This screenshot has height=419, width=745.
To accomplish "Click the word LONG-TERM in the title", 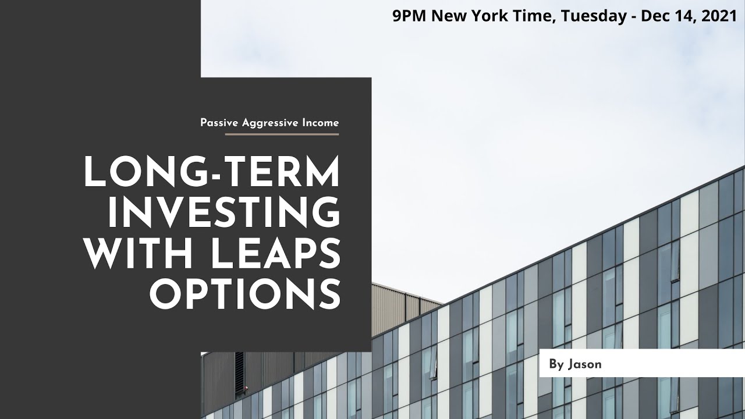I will point(212,173).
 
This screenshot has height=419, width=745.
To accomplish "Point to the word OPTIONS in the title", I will point(245,294).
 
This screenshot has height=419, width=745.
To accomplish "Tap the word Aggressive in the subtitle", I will point(267,123).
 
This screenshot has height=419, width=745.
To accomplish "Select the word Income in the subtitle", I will point(320,123).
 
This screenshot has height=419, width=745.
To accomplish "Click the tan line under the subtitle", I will point(282,134).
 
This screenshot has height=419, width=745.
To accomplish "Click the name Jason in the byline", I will point(584,364).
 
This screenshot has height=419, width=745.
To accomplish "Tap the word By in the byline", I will point(556,364).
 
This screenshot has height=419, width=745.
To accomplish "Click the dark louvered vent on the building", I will point(239,368).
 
